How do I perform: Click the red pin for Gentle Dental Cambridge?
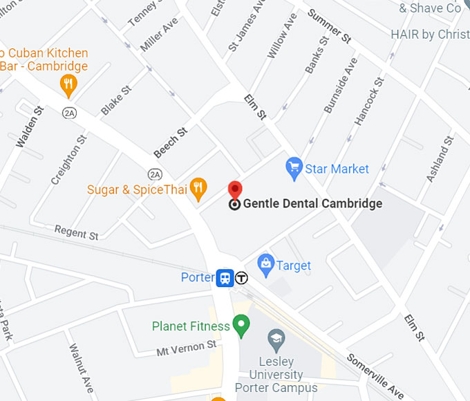[x=235, y=190]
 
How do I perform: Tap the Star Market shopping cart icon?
[x=294, y=167]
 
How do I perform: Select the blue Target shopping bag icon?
[x=265, y=263]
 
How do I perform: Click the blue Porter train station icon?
[x=225, y=278]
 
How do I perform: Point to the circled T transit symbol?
[x=241, y=278]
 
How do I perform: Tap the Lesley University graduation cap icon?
[x=276, y=339]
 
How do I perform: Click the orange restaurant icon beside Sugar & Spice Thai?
[x=199, y=187]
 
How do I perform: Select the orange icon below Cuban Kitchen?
[x=68, y=86]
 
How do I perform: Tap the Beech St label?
[x=171, y=142]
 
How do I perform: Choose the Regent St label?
[x=76, y=233]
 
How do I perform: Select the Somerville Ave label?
[x=375, y=377]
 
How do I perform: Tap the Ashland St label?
[x=440, y=159]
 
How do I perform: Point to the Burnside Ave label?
[x=340, y=86]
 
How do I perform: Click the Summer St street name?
[x=329, y=26]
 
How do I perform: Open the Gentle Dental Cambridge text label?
[x=312, y=204]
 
